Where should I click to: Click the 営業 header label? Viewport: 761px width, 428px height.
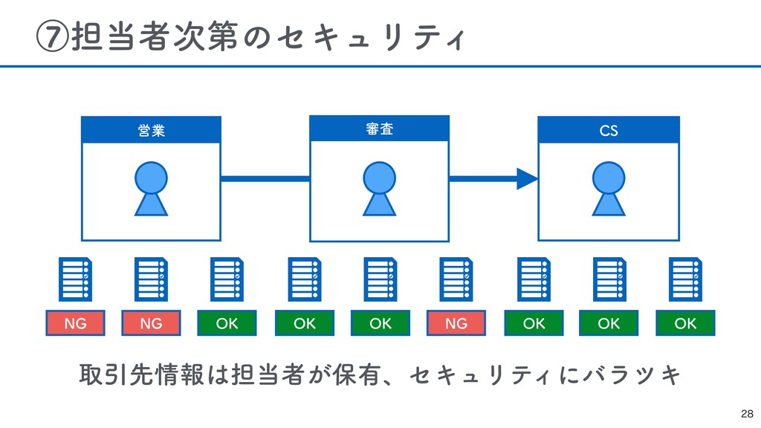pyautogui.click(x=152, y=131)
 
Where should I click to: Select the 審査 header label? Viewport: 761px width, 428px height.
pyautogui.click(x=380, y=129)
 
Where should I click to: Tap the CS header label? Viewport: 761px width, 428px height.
pyautogui.click(x=609, y=131)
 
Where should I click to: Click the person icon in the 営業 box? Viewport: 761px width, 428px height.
pyautogui.click(x=151, y=189)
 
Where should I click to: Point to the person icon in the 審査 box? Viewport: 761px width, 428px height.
pyautogui.click(x=380, y=189)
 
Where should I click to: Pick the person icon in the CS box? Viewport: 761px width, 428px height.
pyautogui.click(x=609, y=189)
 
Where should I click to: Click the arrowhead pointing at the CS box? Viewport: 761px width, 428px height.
pyautogui.click(x=527, y=179)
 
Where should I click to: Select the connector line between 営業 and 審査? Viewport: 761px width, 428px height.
pyautogui.click(x=265, y=179)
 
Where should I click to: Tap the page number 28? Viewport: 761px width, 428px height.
pyautogui.click(x=747, y=414)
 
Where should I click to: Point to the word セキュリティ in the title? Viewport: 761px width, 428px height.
pyautogui.click(x=370, y=38)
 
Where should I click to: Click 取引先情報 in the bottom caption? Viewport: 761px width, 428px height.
pyautogui.click(x=141, y=374)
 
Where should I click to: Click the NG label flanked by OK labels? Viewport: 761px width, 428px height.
pyautogui.click(x=456, y=323)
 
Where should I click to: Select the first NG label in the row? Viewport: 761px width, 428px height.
pyautogui.click(x=75, y=323)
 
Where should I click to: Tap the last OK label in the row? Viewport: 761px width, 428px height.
pyautogui.click(x=685, y=323)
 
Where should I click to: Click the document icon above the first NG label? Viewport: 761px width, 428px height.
pyautogui.click(x=75, y=279)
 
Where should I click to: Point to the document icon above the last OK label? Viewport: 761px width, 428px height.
pyautogui.click(x=685, y=279)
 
